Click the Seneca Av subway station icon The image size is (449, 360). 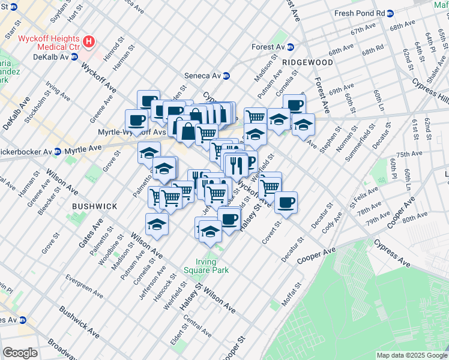(x=226, y=76)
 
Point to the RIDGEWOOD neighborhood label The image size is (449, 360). (x=308, y=62)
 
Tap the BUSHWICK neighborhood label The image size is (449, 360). (x=94, y=206)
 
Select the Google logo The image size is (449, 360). (x=20, y=353)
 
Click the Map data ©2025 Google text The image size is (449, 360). (x=411, y=355)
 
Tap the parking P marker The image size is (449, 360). (x=249, y=162)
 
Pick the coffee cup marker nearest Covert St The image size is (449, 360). (x=286, y=202)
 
